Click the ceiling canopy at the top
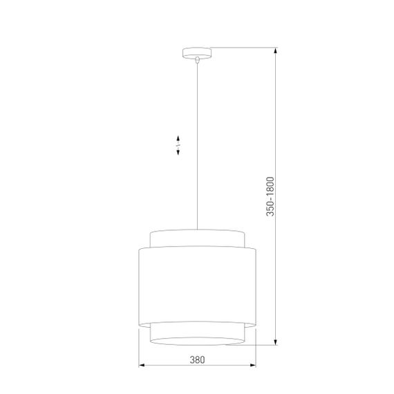197,52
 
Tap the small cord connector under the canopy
197,61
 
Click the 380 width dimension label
197,359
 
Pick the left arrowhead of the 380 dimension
142,366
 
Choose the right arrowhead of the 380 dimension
254,366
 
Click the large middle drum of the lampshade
197,283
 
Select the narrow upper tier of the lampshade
197,238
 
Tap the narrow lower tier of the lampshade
197,332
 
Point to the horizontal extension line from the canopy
242,48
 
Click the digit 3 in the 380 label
191,359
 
